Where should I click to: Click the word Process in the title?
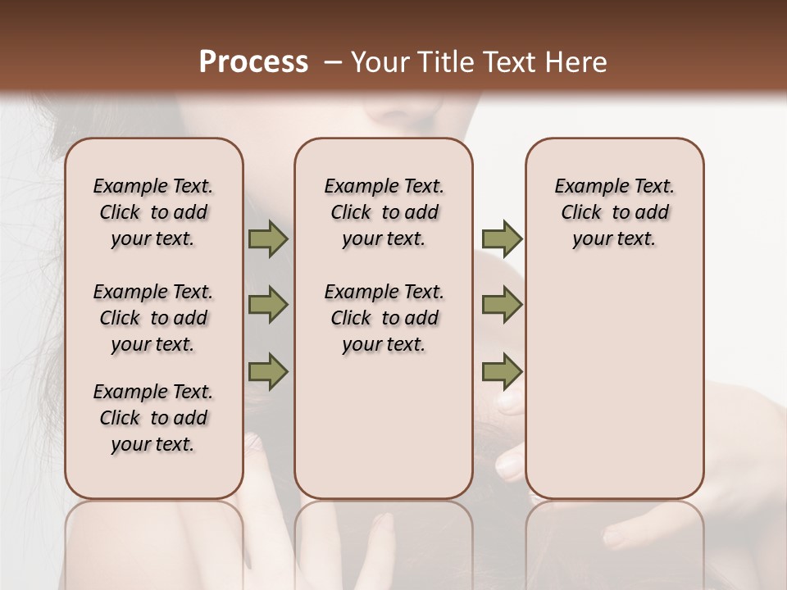pyautogui.click(x=253, y=61)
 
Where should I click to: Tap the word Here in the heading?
pyautogui.click(x=577, y=62)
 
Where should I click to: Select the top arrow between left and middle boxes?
pyautogui.click(x=268, y=239)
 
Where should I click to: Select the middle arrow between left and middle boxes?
pyautogui.click(x=268, y=306)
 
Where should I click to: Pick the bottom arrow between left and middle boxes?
pyautogui.click(x=268, y=372)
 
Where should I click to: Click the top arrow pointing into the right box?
pyautogui.click(x=502, y=239)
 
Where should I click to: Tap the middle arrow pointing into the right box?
pyautogui.click(x=502, y=306)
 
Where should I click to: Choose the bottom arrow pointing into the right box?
pyautogui.click(x=502, y=372)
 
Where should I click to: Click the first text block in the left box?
pyautogui.click(x=153, y=212)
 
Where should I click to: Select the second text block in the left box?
pyautogui.click(x=153, y=318)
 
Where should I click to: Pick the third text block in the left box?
pyautogui.click(x=153, y=418)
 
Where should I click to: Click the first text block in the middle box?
pyautogui.click(x=384, y=212)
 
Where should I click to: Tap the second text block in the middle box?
pyautogui.click(x=384, y=318)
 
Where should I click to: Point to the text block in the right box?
pyautogui.click(x=614, y=212)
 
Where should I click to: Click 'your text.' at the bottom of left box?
pyautogui.click(x=153, y=444)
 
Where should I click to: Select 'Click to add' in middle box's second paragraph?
pyautogui.click(x=384, y=318)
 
